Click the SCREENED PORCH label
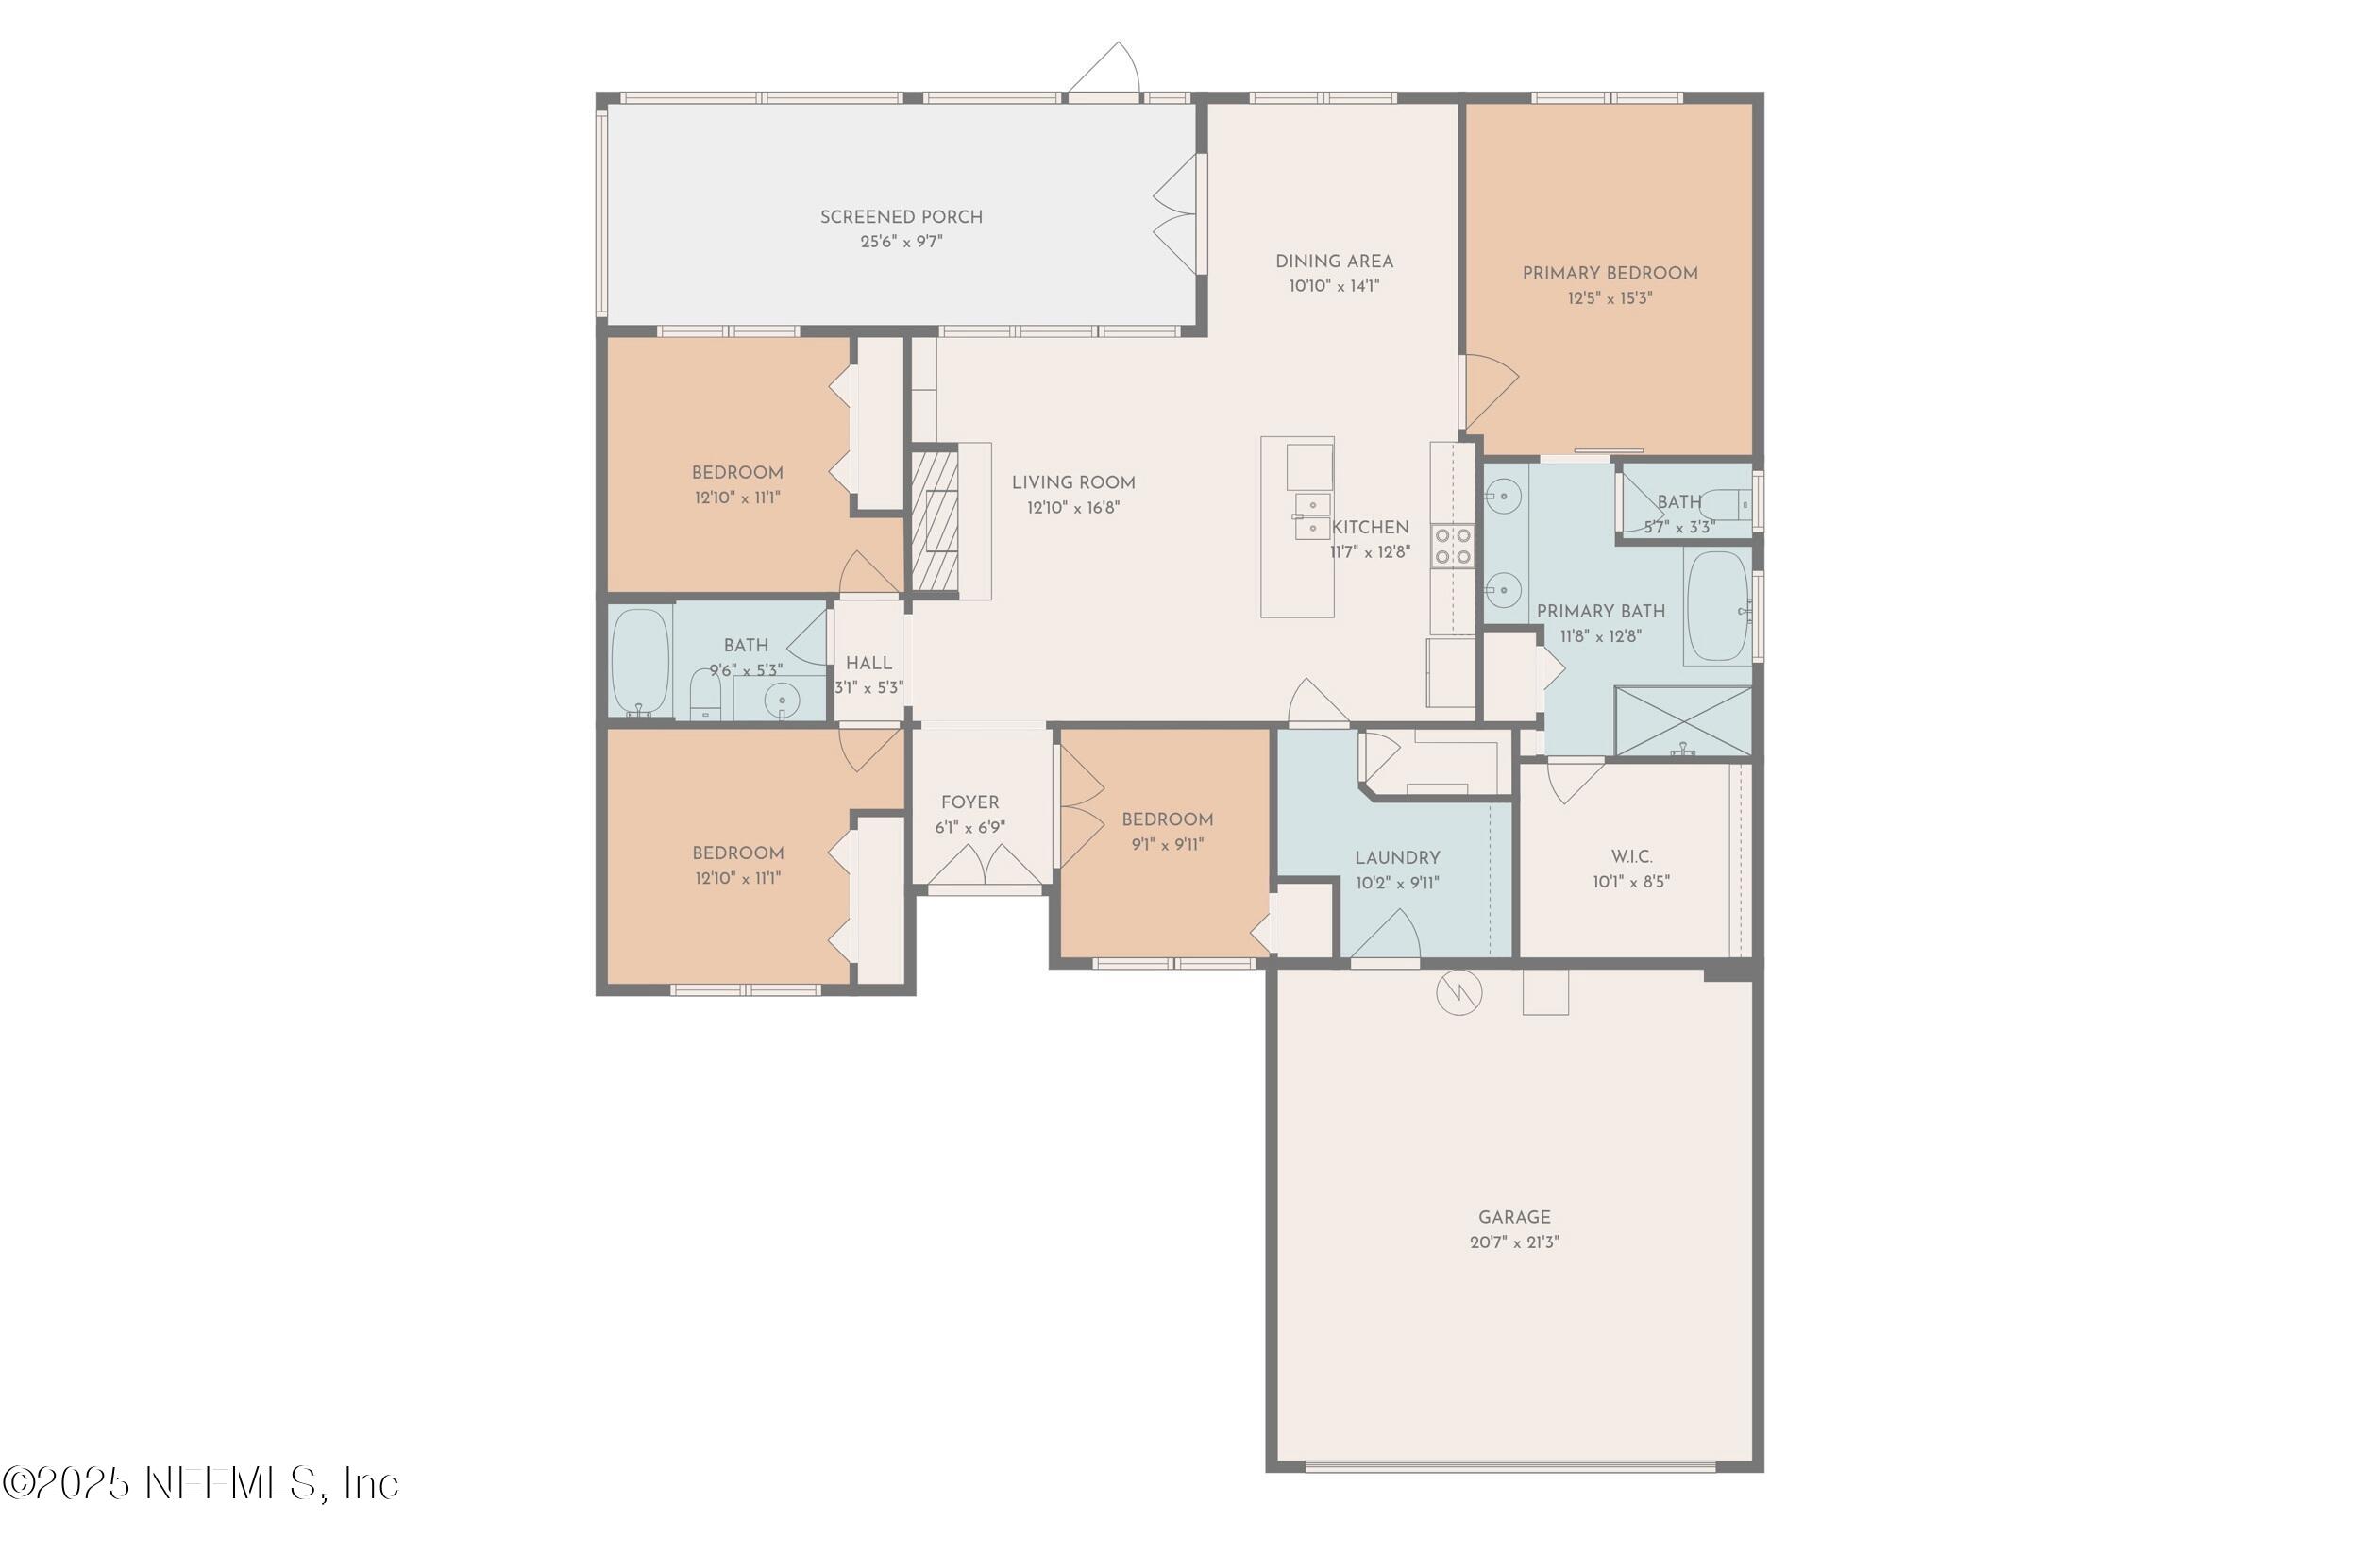pos(901,217)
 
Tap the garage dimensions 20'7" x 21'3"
pos(1513,1242)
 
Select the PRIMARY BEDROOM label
pos(1610,274)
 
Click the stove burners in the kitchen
pos(1453,547)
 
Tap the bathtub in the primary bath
pos(1717,606)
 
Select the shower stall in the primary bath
pos(1683,721)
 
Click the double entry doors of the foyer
pos(984,865)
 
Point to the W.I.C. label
pos(1631,857)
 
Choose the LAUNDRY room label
pos(1397,858)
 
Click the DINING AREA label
pos(1334,262)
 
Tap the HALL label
pos(868,664)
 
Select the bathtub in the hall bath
pos(640,662)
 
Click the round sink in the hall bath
pos(783,700)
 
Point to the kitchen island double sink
pos(1312,516)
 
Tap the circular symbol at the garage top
pos(1458,992)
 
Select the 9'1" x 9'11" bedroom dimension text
pos(1167,845)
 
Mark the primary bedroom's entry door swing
pos(1490,387)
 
